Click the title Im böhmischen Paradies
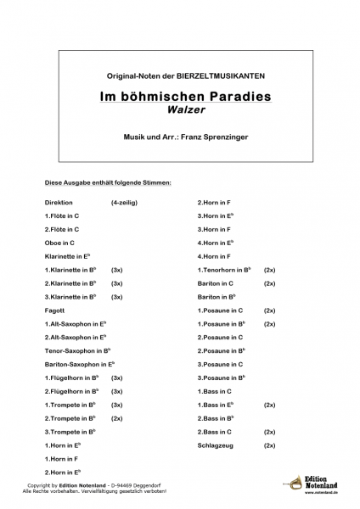pos(179,96)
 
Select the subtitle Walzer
pos(179,110)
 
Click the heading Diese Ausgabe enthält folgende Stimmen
pos(108,182)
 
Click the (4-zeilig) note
pos(123,203)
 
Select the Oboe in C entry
pos(60,243)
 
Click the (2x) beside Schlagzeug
pos(270,445)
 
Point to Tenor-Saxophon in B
pos(78,350)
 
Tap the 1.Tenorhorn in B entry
pos(224,269)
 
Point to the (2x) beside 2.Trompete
pos(117,417)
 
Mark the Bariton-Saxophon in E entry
pos(80,364)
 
